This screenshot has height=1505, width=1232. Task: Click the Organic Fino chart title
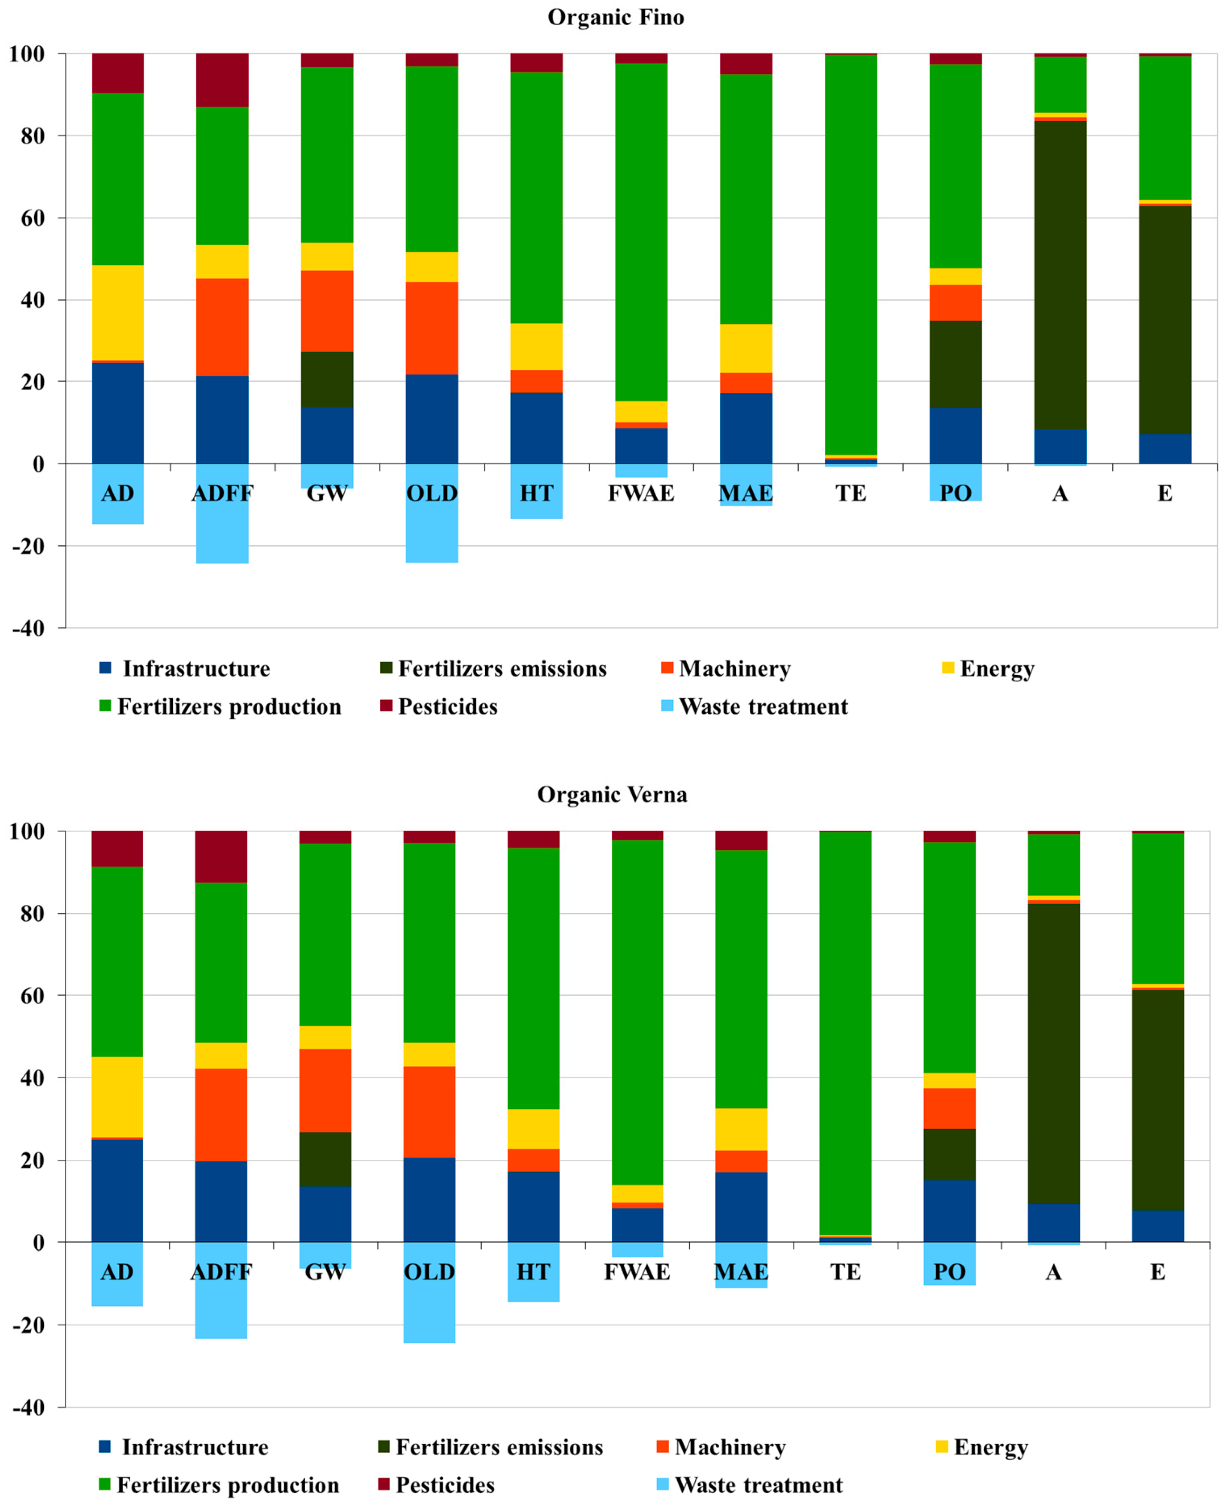coord(615,17)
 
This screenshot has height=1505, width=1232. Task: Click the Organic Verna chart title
coord(612,794)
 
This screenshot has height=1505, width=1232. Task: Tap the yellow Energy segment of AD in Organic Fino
coord(118,312)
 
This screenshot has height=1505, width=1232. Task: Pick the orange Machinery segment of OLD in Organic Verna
coord(430,1111)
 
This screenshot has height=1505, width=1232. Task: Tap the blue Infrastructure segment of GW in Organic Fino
coord(327,435)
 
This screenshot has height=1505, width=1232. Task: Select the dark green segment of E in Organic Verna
coord(1157,1099)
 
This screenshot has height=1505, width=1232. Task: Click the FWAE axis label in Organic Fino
coord(641,493)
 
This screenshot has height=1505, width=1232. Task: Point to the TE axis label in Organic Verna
coord(845,1272)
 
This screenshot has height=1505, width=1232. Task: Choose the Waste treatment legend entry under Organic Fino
coord(763,706)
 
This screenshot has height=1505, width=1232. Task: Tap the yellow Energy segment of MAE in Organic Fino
coord(746,348)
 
